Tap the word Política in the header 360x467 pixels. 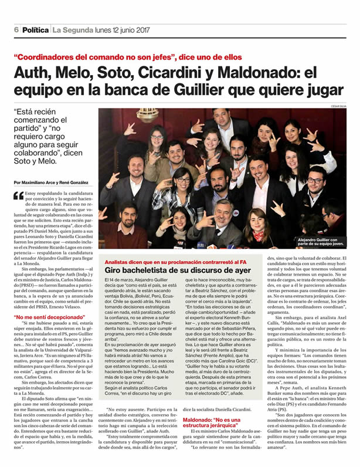point(36,30)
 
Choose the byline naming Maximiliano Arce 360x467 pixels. point(53,182)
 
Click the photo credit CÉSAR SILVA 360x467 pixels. point(339,106)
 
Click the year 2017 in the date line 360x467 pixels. point(144,30)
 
